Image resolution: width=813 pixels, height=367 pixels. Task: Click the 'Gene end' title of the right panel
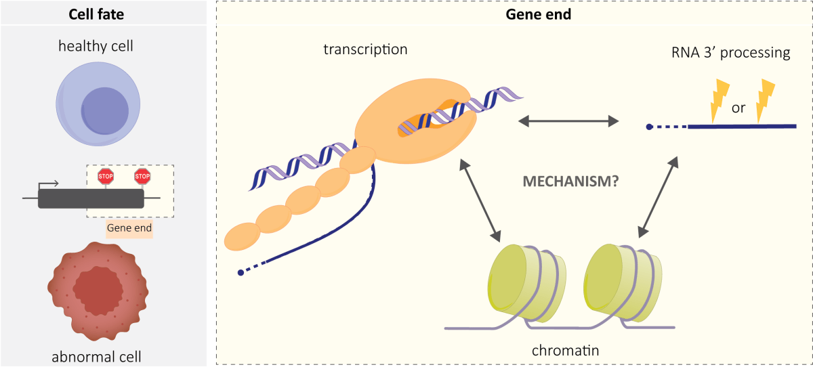tap(539, 14)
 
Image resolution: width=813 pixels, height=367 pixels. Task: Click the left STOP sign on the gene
tap(106, 177)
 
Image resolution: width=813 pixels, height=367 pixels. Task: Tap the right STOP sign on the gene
tap(142, 177)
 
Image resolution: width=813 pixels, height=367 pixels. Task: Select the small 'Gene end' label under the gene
tap(129, 228)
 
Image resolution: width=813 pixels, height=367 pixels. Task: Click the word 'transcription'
tap(366, 49)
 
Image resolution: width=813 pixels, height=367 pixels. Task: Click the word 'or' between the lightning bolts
tap(738, 108)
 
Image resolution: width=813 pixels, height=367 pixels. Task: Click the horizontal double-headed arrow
tap(568, 121)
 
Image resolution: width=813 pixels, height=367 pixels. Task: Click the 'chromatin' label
tap(566, 351)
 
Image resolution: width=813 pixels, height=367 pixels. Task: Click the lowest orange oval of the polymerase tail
tap(243, 234)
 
